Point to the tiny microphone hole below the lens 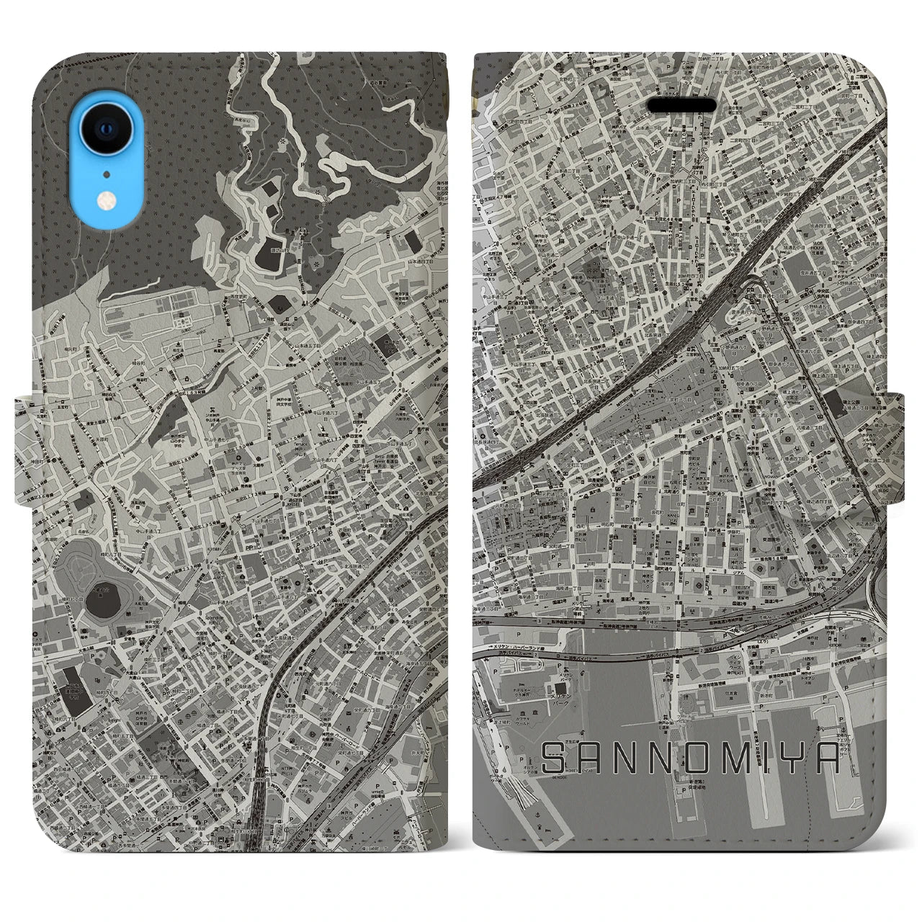tap(106, 173)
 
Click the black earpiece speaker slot tap(681, 106)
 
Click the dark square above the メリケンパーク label tap(561, 673)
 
